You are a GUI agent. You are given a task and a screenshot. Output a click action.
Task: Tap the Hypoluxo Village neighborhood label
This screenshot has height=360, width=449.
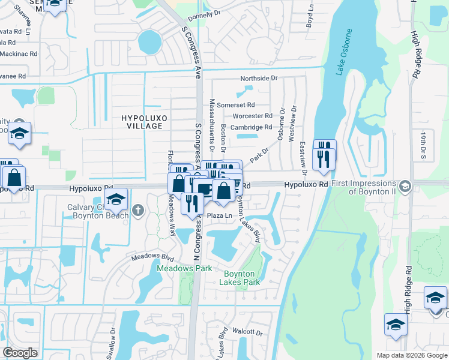point(142,122)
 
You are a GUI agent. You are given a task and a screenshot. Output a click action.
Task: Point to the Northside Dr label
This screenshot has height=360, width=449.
point(259,79)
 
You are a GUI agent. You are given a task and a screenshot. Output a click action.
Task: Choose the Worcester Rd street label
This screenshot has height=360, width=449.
point(252,116)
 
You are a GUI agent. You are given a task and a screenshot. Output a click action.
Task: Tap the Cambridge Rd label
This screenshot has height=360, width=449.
point(252,127)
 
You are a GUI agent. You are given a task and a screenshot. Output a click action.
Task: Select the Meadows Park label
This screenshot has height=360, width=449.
point(184,268)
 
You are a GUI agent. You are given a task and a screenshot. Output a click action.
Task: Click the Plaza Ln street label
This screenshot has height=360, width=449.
point(219,215)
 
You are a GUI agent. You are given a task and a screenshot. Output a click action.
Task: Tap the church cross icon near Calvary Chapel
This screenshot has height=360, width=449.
point(139,210)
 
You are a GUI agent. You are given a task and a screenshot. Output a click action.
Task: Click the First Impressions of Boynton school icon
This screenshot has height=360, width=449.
point(405,185)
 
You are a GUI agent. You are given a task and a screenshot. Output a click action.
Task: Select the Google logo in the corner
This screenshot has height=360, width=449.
point(20,353)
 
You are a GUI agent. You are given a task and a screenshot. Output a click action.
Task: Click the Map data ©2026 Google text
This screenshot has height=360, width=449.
point(411,355)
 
